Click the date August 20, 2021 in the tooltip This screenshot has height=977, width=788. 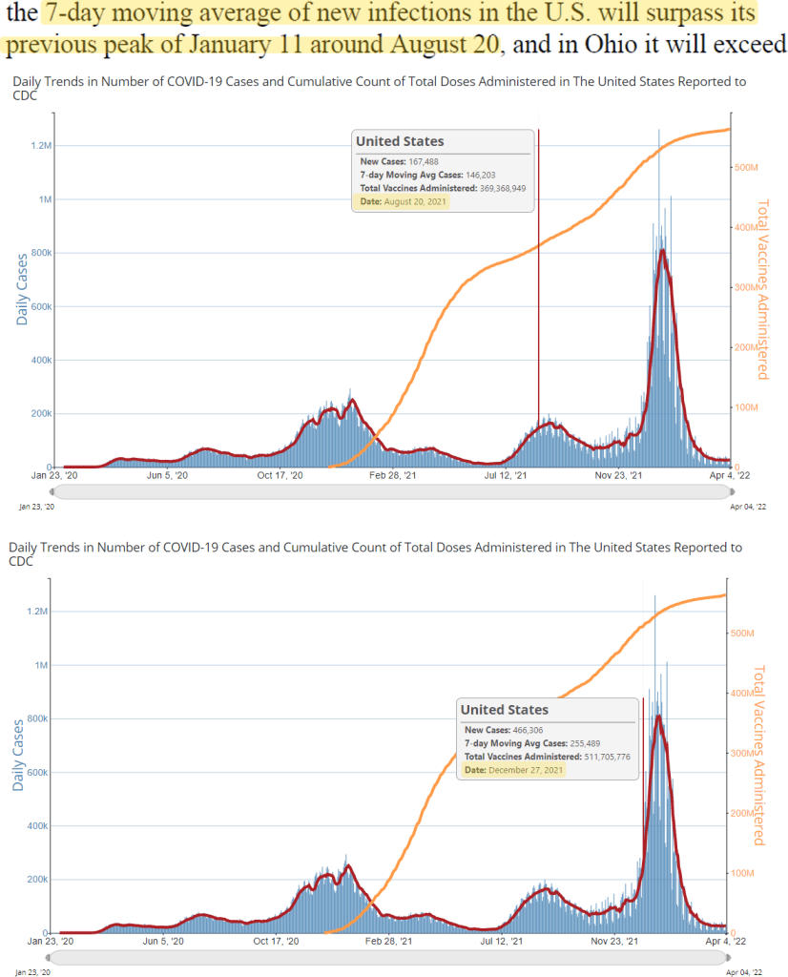coord(414,201)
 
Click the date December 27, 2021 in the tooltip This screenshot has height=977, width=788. coord(526,770)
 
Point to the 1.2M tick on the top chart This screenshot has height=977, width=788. coord(42,146)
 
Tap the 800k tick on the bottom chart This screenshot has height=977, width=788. coord(43,719)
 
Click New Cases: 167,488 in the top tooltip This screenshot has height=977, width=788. coord(400,161)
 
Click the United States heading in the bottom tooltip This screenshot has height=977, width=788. coord(505,710)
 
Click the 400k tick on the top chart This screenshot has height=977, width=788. coord(43,361)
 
